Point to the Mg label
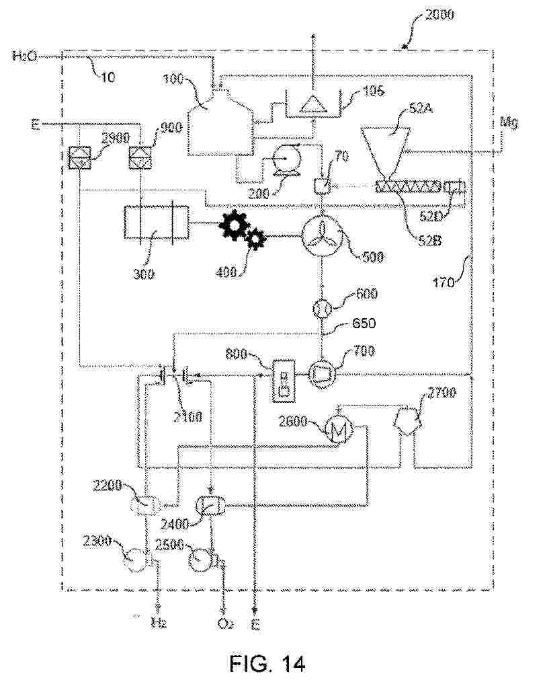(509, 122)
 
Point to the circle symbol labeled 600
(321, 309)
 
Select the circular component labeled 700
(322, 372)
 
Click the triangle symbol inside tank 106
(311, 104)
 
